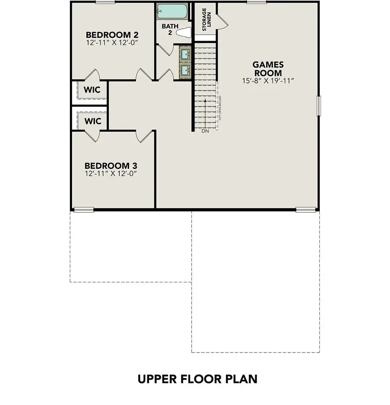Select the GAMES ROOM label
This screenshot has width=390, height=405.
coord(267,69)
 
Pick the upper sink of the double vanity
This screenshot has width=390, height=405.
coord(185,55)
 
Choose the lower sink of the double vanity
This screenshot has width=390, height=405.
coord(185,70)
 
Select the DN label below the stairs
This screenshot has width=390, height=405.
coord(205,131)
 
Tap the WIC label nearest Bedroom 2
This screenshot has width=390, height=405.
coord(93,90)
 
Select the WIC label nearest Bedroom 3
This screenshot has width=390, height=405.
coord(93,121)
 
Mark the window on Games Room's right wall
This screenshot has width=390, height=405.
coord(318,106)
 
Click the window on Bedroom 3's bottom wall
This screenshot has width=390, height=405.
coord(84,210)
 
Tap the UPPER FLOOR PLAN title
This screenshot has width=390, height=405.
coord(198,379)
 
